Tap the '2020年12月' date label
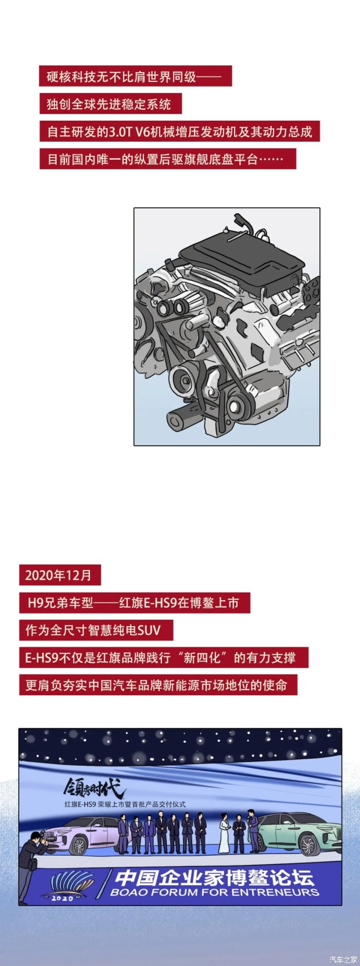pyautogui.click(x=59, y=575)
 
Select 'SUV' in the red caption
pyautogui.click(x=149, y=630)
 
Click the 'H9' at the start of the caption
pyautogui.click(x=34, y=602)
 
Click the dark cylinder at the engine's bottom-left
pyautogui.click(x=184, y=416)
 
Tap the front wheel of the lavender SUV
pyautogui.click(x=81, y=845)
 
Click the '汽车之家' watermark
pyautogui.click(x=343, y=956)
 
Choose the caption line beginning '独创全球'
pyautogui.click(x=109, y=104)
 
